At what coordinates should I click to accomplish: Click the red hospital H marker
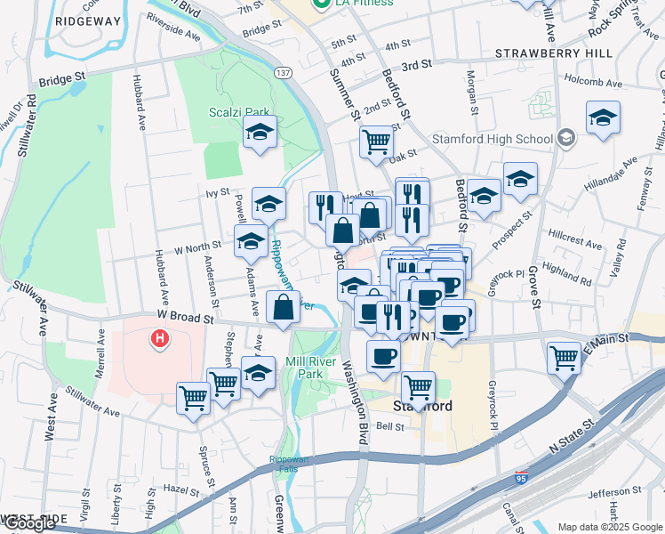pos(160,338)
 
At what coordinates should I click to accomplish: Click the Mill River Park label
pos(304,368)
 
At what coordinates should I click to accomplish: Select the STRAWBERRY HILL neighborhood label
pos(554,53)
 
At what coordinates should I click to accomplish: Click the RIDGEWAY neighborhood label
pos(87,20)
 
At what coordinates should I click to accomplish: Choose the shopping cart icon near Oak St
pos(377,141)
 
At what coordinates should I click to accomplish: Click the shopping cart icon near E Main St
pos(565,358)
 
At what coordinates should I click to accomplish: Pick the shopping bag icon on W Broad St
pos(283,308)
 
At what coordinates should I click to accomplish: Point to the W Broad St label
pos(187,316)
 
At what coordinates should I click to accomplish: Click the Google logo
pos(29,523)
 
